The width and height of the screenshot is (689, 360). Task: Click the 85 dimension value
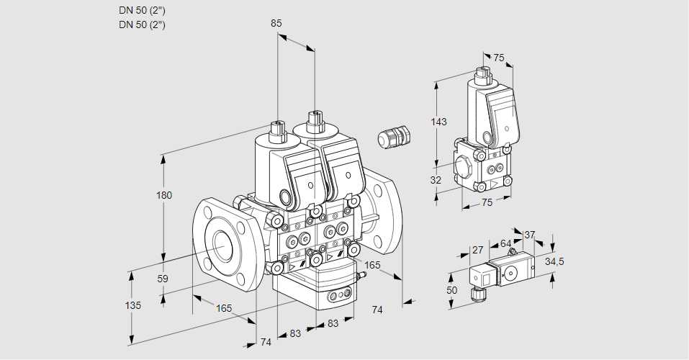pos(276,23)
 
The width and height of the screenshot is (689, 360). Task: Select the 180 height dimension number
pos(165,196)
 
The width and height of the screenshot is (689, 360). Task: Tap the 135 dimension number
pos(132,305)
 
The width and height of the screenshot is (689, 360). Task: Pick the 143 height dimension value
pos(438,122)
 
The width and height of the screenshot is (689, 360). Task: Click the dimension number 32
pos(436,180)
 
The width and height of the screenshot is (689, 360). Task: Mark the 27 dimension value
pos(477,250)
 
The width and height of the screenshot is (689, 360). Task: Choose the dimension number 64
pos(505,243)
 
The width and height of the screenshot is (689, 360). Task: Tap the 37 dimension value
pos(529,235)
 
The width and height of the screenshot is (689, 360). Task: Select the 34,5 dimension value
pos(554,261)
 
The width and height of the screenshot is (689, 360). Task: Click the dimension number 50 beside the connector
pos(451,289)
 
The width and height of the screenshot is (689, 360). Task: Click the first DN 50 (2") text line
pos(142,11)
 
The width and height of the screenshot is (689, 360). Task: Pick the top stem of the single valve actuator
pos(483,73)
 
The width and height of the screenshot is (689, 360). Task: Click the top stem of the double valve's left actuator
pos(277,131)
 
